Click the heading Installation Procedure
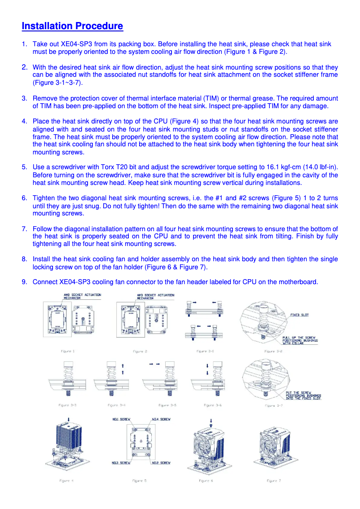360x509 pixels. click(72, 26)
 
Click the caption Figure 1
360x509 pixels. click(67, 351)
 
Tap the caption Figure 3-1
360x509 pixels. click(205, 351)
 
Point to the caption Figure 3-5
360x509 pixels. click(167, 405)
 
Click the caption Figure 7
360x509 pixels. click(274, 481)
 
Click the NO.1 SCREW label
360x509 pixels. click(121, 419)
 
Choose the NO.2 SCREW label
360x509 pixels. click(161, 462)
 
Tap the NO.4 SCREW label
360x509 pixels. click(161, 419)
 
